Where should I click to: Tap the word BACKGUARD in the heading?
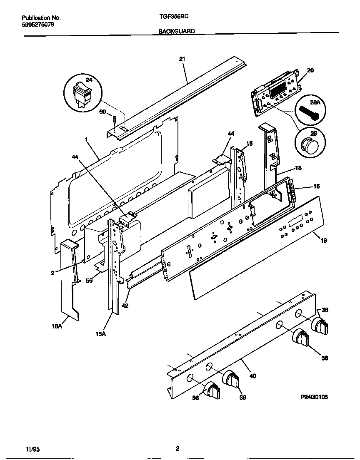pos(177,31)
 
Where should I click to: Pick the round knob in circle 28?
pos(309,146)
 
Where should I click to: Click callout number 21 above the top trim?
pos(182,59)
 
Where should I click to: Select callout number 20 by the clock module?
pos(310,70)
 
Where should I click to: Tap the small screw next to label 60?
pos(114,121)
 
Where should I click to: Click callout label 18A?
pos(57,327)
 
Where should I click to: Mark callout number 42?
pos(125,306)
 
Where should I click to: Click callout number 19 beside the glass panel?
pos(323,240)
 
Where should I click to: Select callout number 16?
pos(316,186)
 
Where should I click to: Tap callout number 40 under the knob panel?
pos(252,375)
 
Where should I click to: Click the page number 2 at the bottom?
pos(177,448)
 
